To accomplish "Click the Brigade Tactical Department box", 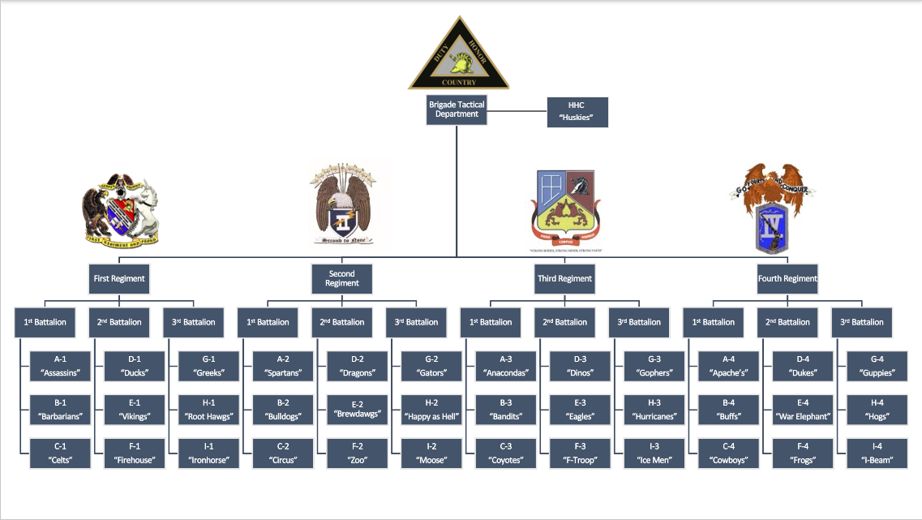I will pyautogui.click(x=457, y=110).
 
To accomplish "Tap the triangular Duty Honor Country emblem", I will pyautogui.click(x=458, y=55).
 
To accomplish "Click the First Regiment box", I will pyautogui.click(x=118, y=278).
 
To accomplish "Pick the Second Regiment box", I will pyautogui.click(x=341, y=278).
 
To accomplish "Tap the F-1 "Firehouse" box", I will pyautogui.click(x=136, y=454).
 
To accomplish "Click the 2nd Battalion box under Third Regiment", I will pyautogui.click(x=565, y=322).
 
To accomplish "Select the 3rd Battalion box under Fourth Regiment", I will pyautogui.click(x=862, y=322).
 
